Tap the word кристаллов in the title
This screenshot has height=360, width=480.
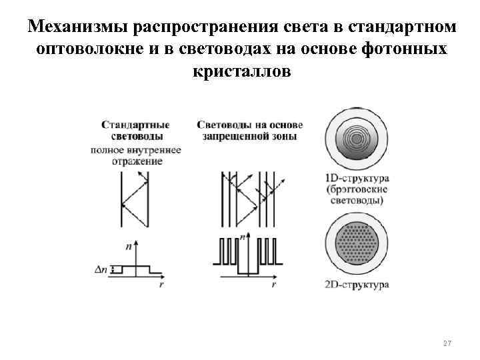241,73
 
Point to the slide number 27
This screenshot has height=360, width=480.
447,343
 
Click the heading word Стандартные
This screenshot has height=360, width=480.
135,124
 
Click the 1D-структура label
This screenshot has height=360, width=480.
357,179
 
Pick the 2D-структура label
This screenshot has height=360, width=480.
357,286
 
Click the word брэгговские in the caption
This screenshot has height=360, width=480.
359,190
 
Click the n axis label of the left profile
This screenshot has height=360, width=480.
128,246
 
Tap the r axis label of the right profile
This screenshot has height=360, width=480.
274,284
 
